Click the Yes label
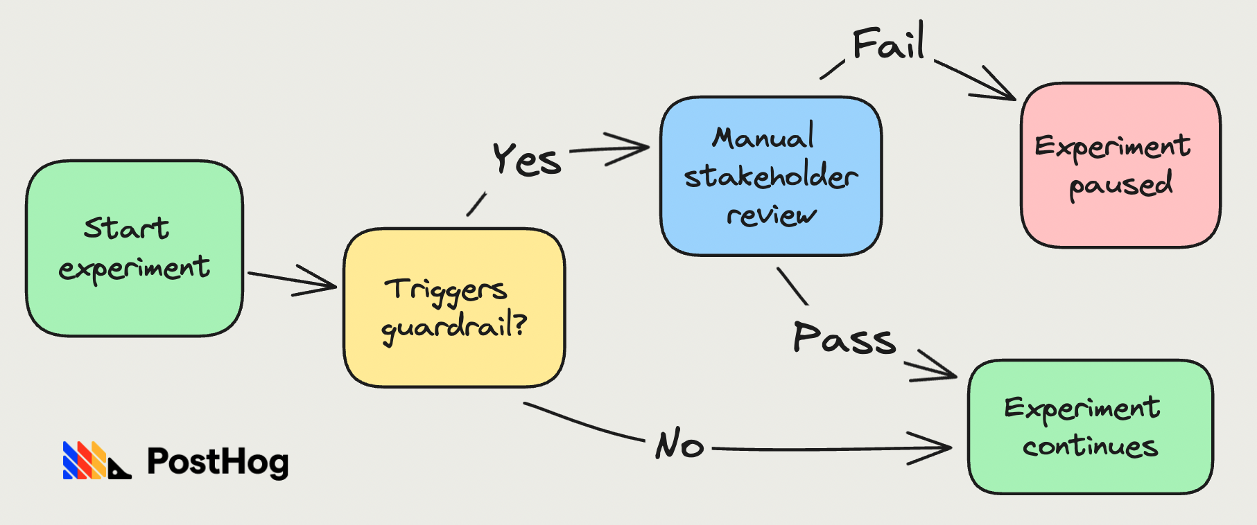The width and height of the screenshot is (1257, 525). pos(526,160)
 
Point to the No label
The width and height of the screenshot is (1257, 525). pos(679,444)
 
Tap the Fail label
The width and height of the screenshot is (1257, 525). pos(888,44)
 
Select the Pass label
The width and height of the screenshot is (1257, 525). pos(844,339)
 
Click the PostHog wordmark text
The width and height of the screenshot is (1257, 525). pos(218,462)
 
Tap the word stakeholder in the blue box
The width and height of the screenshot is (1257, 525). pos(771,177)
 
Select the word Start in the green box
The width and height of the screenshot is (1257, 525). pos(126,228)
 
